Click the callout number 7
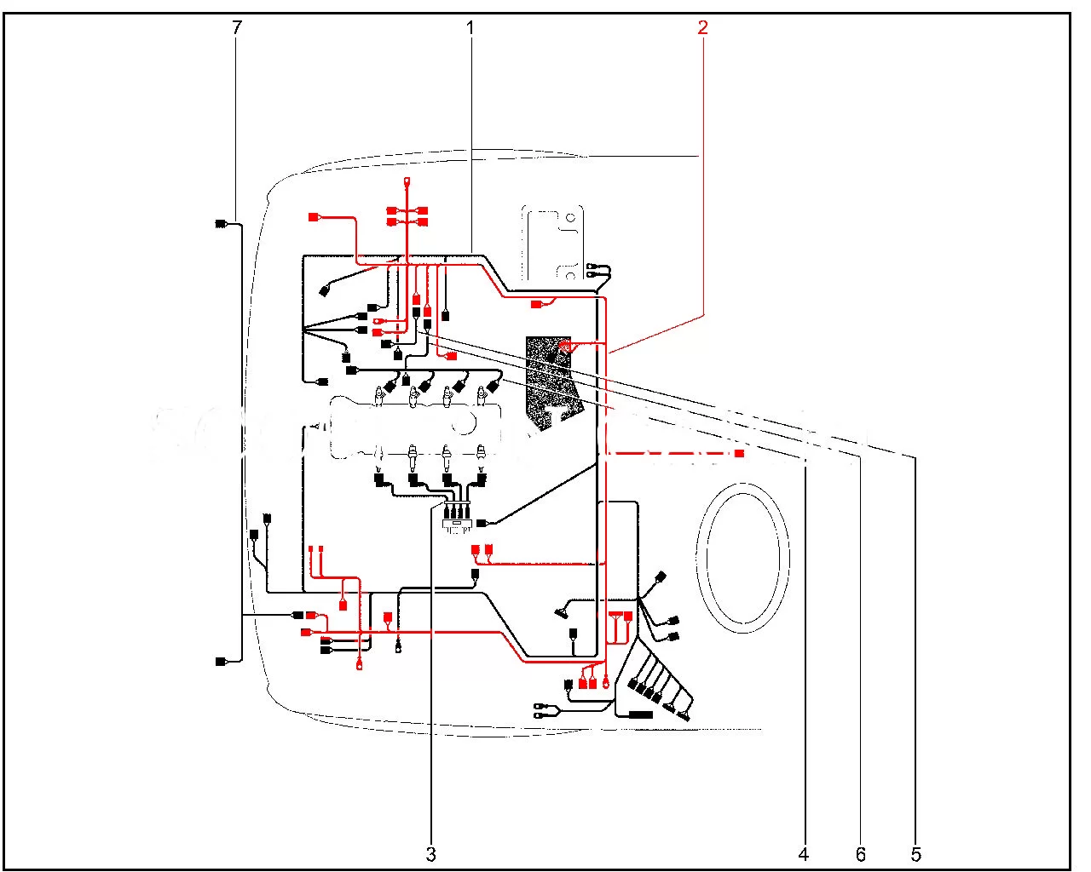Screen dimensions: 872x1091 click(236, 27)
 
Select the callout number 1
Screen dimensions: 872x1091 click(470, 27)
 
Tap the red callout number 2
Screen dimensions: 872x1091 click(702, 27)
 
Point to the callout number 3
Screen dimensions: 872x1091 click(431, 853)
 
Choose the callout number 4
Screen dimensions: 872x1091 click(803, 853)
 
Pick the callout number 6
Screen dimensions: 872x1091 click(861, 853)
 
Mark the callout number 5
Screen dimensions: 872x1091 click(916, 853)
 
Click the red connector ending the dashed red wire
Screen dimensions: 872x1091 click(739, 454)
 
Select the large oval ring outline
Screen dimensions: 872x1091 click(742, 557)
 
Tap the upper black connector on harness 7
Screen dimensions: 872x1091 click(221, 224)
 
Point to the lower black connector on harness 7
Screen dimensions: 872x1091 click(221, 662)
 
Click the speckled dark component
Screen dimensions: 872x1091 click(554, 379)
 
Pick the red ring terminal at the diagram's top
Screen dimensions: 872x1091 click(407, 181)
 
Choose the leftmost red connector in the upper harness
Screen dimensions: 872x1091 click(314, 217)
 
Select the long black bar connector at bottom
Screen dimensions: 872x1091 click(640, 715)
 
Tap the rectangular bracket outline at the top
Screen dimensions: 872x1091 click(552, 243)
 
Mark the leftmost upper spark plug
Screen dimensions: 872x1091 click(378, 396)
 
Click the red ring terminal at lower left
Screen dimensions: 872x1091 click(360, 667)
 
